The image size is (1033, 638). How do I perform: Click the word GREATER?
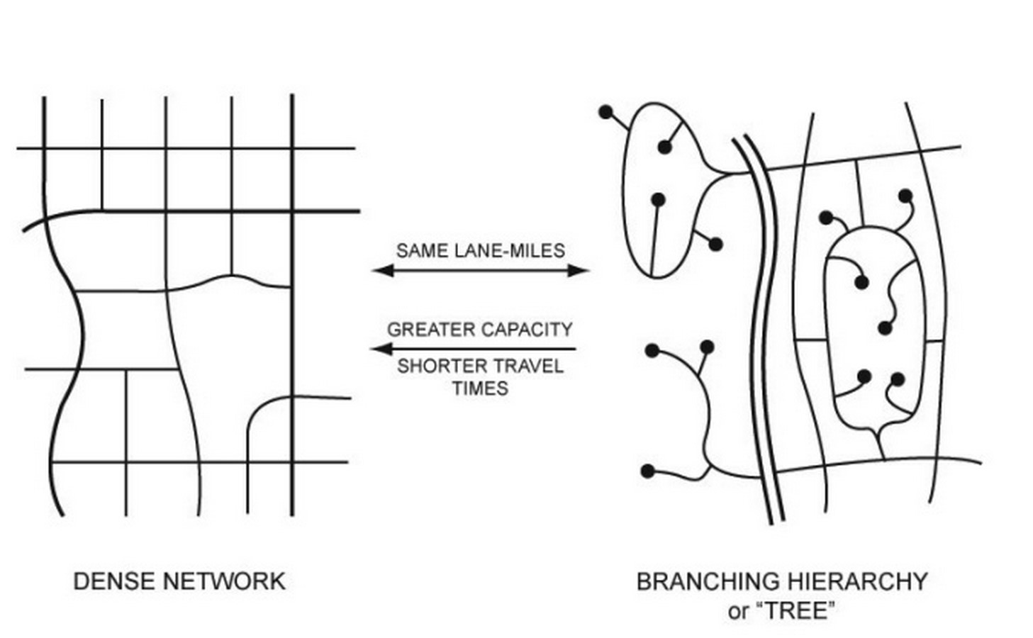click(431, 330)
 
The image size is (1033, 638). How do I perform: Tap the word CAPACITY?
click(527, 330)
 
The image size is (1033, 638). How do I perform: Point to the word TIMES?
click(481, 388)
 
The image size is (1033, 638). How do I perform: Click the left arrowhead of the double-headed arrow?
click(383, 271)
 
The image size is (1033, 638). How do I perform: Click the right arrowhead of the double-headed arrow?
click(579, 271)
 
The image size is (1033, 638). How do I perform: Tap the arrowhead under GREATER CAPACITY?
click(382, 349)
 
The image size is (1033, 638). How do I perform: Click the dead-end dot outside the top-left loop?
click(605, 112)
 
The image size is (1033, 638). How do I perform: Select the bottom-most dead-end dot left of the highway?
click(648, 471)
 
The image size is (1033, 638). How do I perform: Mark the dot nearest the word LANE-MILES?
click(715, 245)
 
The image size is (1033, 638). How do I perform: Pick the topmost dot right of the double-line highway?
click(905, 196)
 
